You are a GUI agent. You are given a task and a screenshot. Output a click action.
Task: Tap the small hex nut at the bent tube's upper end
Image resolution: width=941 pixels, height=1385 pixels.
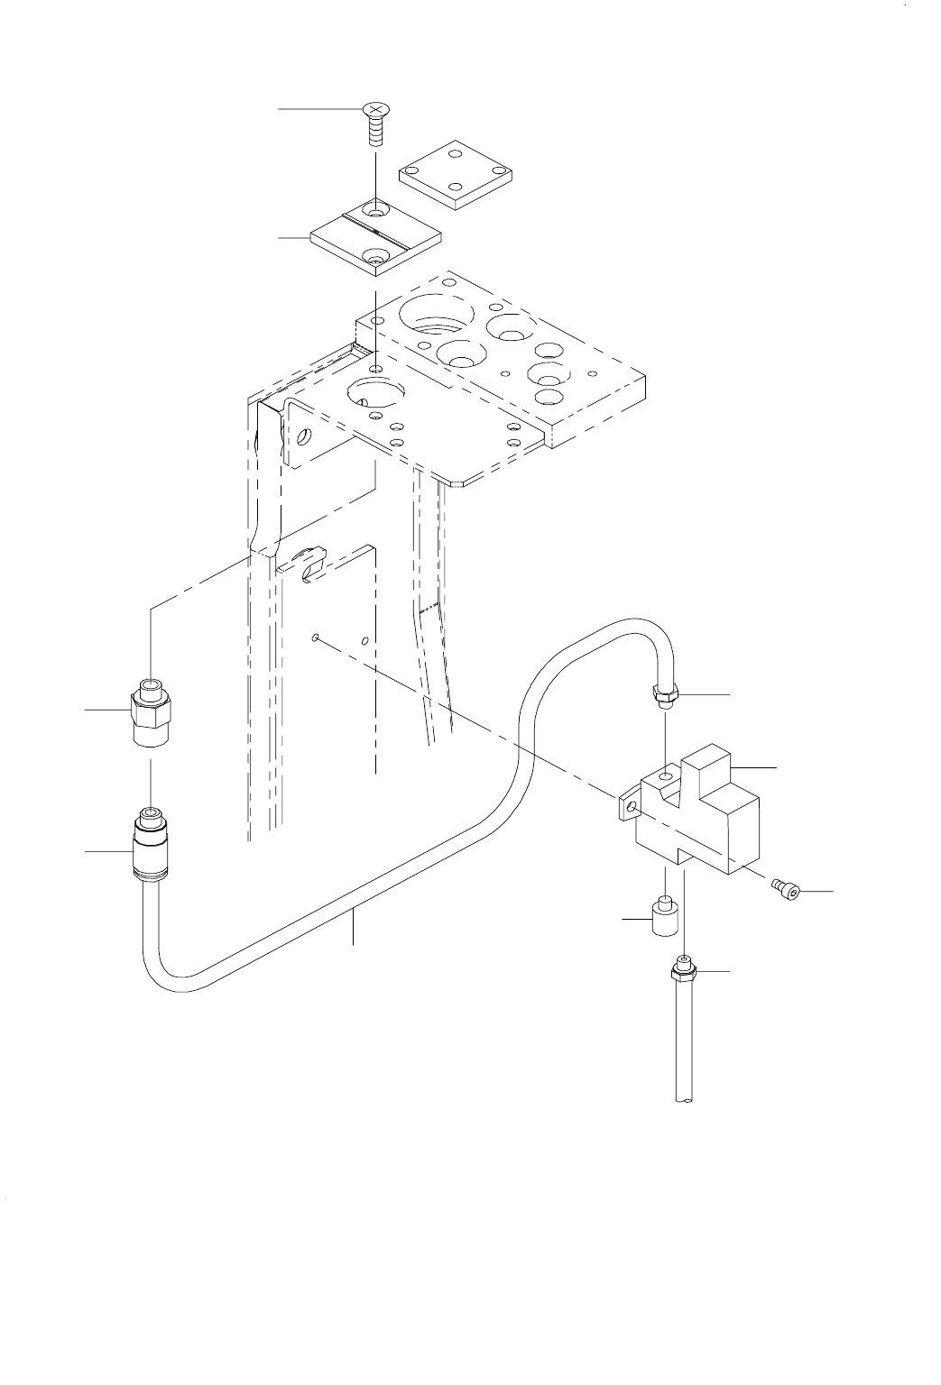pos(666,696)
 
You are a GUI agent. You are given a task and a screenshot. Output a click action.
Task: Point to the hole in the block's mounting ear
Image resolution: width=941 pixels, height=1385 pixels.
pos(631,805)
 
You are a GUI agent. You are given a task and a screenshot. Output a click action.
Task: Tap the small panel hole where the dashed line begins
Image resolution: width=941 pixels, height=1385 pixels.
pos(313,638)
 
